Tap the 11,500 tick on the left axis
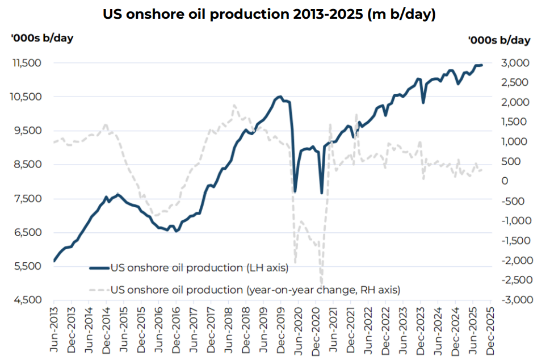pos(27,62)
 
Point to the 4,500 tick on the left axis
pos(27,300)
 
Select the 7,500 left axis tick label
pos(27,199)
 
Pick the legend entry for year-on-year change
pos(255,290)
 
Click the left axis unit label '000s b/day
pos(42,38)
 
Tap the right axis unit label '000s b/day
pos(499,40)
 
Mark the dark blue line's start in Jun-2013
pos(54,261)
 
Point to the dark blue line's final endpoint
pos(482,65)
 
